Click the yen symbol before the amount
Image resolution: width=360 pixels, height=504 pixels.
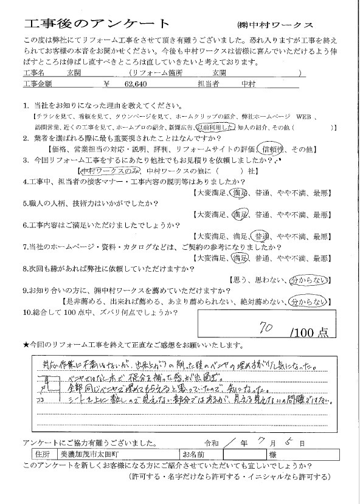[107, 86]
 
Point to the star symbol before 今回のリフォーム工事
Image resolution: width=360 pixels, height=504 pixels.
[26, 345]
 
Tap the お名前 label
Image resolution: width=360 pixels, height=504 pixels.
[193, 454]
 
